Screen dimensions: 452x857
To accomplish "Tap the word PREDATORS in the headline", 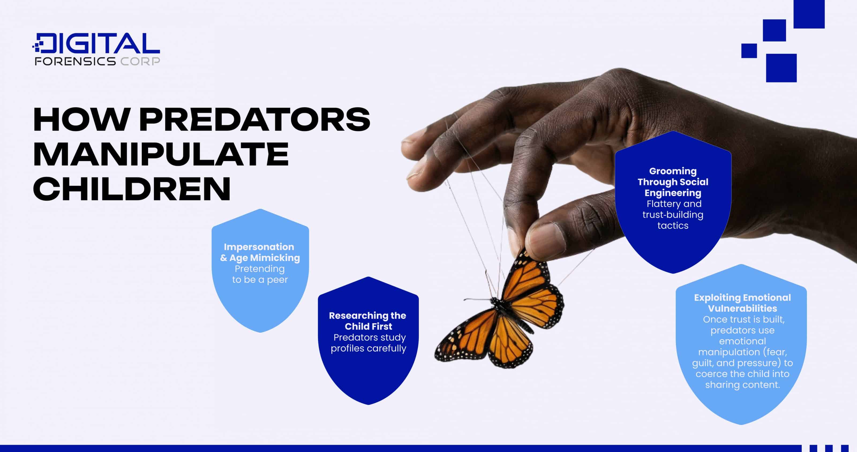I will point(254,119).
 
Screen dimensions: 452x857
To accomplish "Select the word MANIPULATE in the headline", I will point(161,154).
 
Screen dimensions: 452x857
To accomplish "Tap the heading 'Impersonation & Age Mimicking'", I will point(260,252).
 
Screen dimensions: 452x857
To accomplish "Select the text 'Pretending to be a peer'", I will point(260,274).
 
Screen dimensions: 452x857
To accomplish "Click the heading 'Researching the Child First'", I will point(368,321).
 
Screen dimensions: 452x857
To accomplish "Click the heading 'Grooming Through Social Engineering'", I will point(673,182).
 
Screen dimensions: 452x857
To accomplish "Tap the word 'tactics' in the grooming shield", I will point(673,225).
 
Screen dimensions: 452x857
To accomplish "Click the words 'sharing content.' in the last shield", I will point(742,385).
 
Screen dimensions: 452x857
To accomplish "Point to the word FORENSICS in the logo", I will point(75,61).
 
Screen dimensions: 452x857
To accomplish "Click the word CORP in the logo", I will point(140,61).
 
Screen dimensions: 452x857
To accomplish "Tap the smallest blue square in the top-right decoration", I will point(749,51).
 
